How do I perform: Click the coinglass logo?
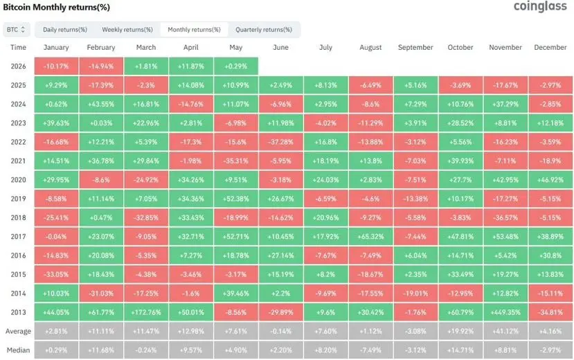(x=540, y=6)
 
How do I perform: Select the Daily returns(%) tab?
(x=65, y=30)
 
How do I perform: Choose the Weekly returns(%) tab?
(x=127, y=30)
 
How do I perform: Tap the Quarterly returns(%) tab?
(x=264, y=30)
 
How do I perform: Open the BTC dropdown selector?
(x=16, y=30)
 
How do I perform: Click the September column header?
(x=415, y=48)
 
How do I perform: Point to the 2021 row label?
(x=18, y=161)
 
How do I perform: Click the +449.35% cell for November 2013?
(x=505, y=312)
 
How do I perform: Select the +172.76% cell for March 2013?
(x=146, y=312)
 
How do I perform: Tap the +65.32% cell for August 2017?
(x=371, y=237)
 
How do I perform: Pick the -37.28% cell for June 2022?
(x=281, y=142)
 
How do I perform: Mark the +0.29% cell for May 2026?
(x=235, y=66)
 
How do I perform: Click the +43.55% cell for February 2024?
(x=101, y=105)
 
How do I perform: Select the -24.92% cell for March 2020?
(x=146, y=180)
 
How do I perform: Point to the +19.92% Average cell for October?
(x=460, y=332)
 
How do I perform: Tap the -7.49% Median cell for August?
(x=371, y=350)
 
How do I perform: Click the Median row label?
(x=18, y=350)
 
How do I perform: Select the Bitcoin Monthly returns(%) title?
(x=56, y=7)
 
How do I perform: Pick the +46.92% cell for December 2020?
(x=550, y=180)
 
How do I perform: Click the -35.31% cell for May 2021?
(x=235, y=161)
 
